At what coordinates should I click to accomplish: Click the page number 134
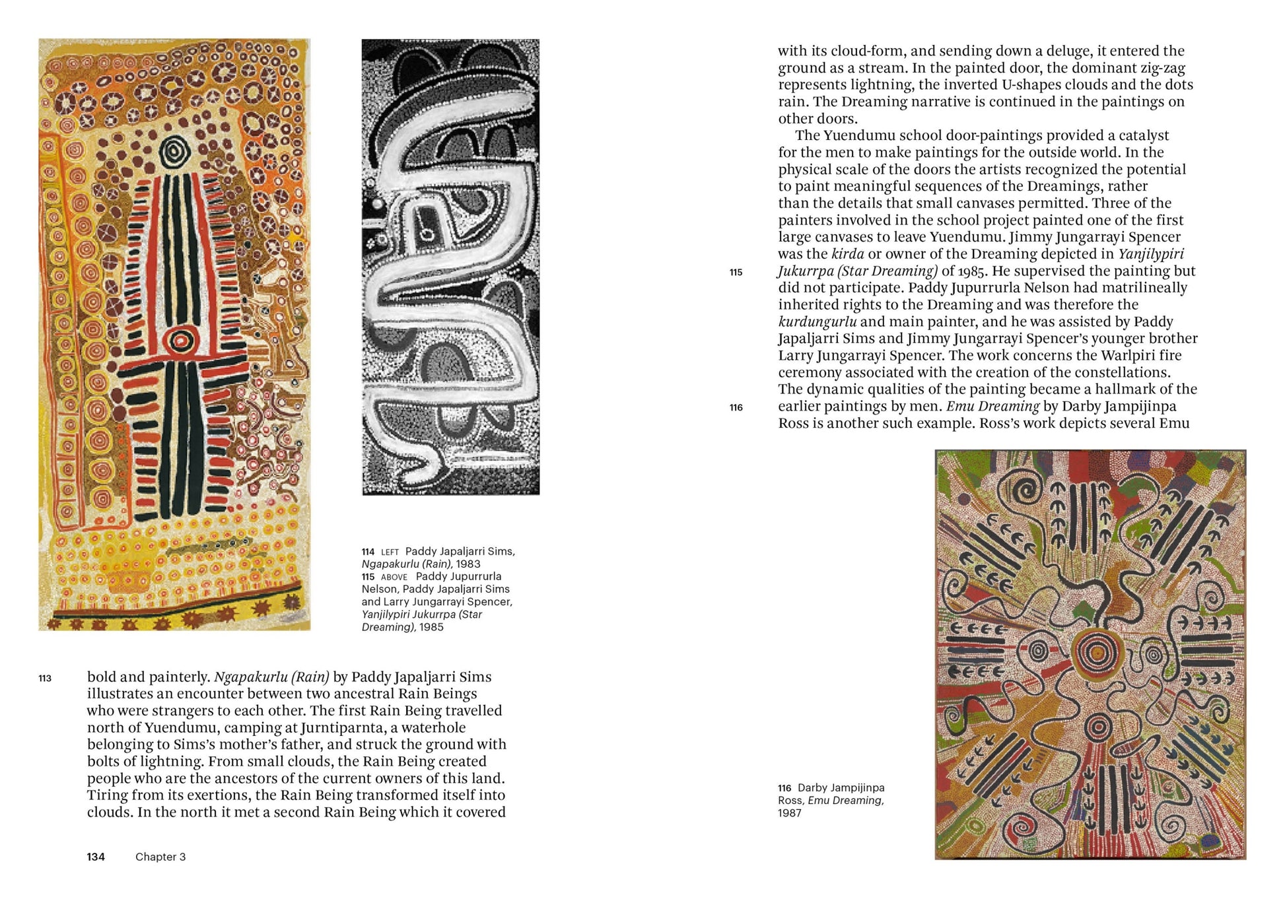96,857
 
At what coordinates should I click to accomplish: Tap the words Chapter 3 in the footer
160,857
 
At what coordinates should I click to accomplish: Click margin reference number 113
45,679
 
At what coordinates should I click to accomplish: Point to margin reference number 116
736,408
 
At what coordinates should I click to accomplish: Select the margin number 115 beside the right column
736,273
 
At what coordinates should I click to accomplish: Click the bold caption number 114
368,552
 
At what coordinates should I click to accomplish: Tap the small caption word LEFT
390,552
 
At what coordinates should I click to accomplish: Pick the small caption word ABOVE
394,578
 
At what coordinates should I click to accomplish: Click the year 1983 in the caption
468,564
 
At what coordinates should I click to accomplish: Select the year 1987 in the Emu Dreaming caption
790,813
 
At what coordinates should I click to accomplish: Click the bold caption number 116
784,788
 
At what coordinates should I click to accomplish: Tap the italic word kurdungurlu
817,322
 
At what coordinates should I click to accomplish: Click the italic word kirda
847,254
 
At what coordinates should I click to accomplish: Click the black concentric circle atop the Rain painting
174,152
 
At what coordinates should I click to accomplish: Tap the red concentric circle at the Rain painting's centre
180,341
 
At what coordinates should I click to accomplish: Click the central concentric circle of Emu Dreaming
1097,653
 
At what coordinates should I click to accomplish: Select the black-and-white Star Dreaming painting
450,267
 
